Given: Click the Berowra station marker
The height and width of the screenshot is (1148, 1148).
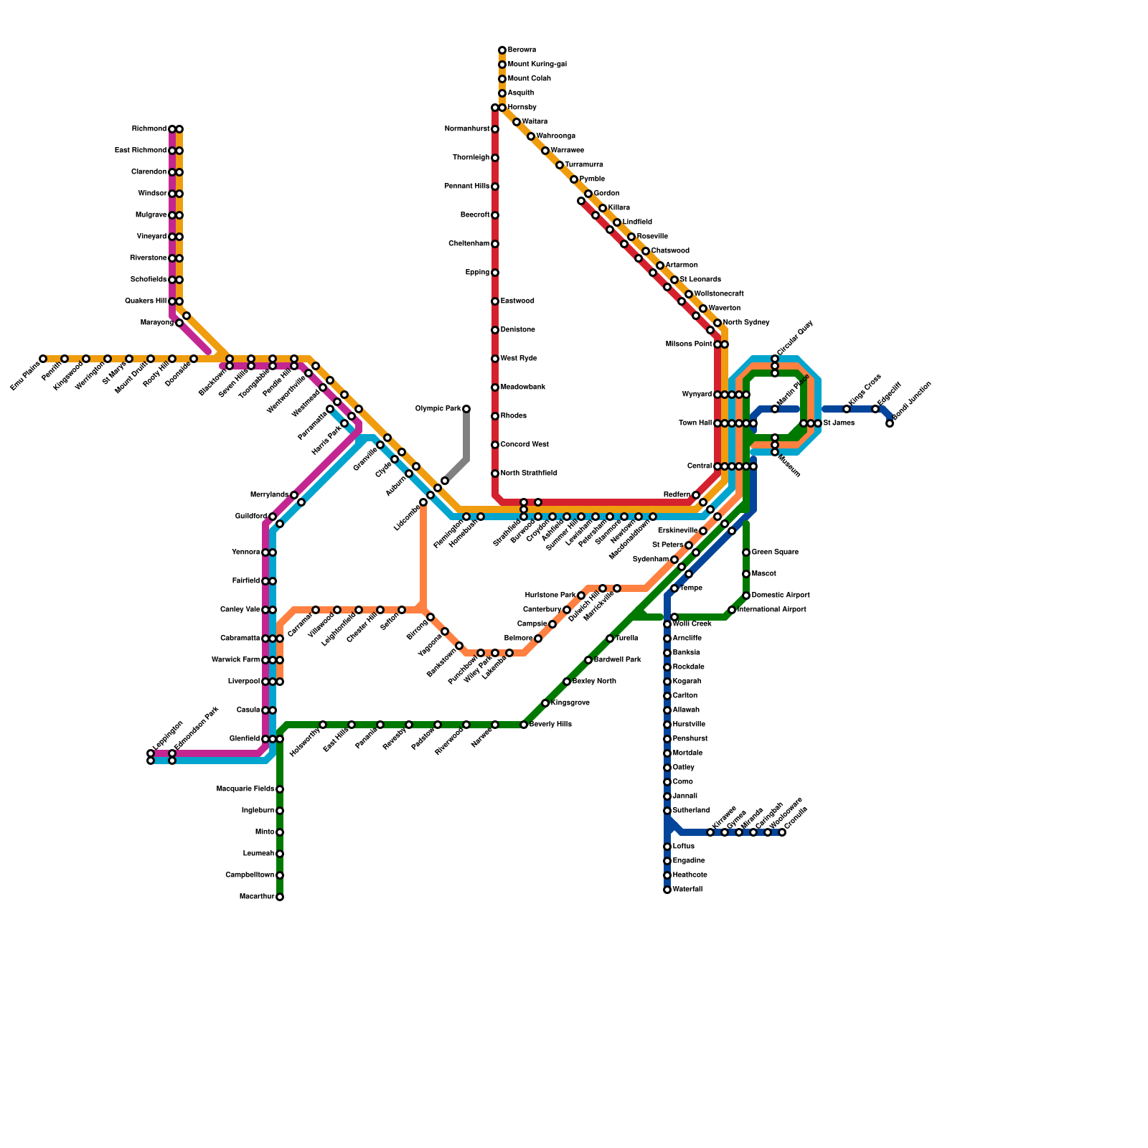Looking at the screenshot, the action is tap(502, 50).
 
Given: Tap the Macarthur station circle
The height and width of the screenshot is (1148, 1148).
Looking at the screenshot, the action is tap(280, 897).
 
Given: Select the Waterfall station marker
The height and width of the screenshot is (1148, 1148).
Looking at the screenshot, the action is tap(667, 890).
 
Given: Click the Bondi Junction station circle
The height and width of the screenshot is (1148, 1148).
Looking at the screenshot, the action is tap(890, 423).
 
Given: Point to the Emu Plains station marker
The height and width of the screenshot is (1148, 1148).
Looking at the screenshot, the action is tap(43, 359).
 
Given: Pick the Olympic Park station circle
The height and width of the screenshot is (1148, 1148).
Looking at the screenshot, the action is tap(466, 409).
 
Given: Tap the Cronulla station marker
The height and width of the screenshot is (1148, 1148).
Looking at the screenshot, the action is tap(782, 832).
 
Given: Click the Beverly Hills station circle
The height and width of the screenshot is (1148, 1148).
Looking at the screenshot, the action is tap(524, 725).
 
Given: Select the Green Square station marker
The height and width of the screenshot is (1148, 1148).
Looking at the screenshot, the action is tap(746, 552).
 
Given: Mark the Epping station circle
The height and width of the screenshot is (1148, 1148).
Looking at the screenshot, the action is tap(495, 273).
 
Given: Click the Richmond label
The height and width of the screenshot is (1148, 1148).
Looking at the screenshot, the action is tap(149, 129).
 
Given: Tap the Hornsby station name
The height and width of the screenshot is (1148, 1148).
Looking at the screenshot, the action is tap(522, 108).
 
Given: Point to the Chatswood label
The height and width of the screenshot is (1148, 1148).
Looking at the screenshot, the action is tap(670, 251).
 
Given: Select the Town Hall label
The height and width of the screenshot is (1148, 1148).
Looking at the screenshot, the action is tap(695, 423).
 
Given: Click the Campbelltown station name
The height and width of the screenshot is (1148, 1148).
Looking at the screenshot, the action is tap(250, 875).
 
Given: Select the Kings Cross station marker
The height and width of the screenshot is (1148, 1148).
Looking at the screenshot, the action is tap(847, 409).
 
